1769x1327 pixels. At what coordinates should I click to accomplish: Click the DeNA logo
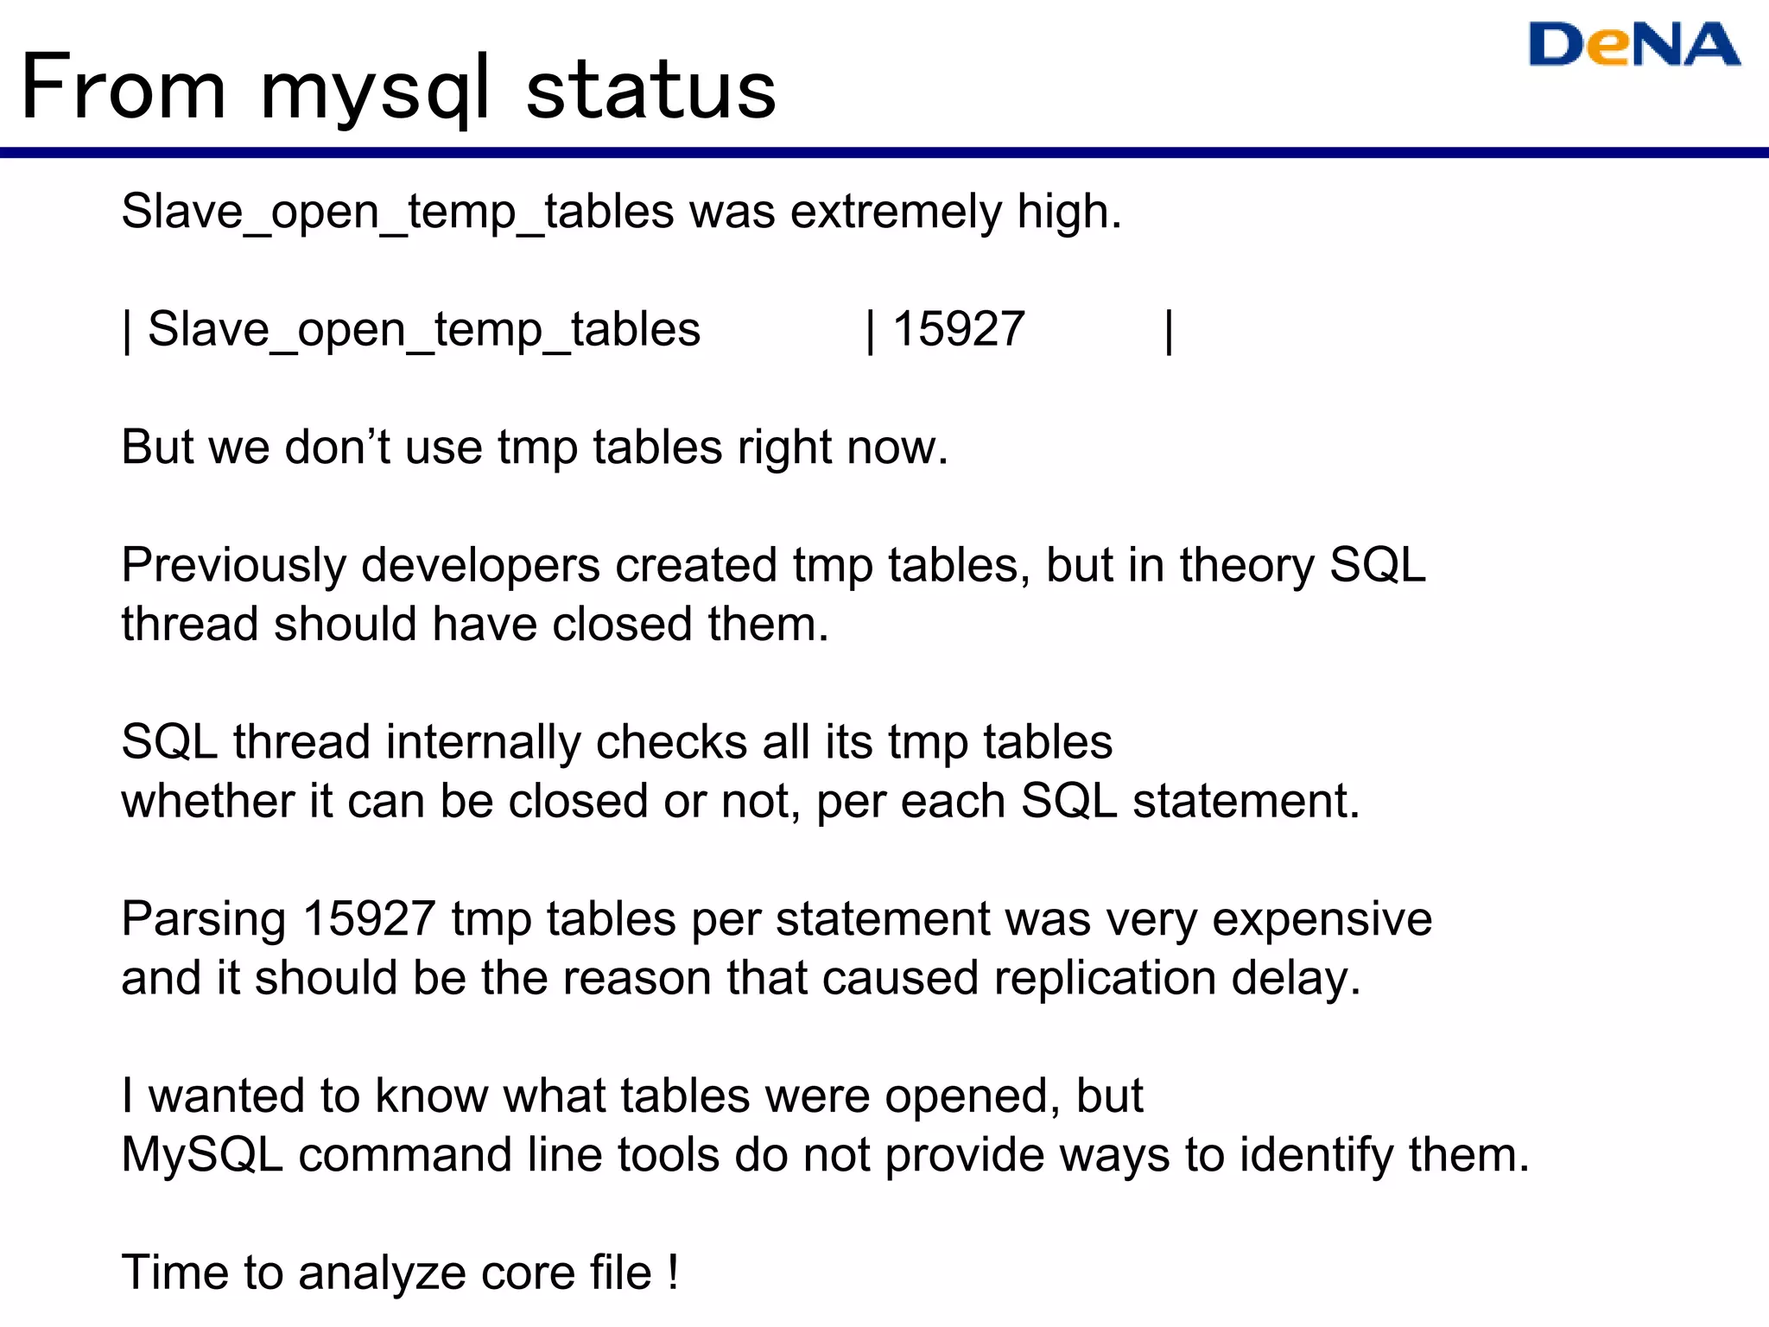pos(1633,45)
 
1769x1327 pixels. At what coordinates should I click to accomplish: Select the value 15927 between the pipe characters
pos(959,329)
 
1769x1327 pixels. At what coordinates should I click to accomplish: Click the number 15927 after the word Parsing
pos(369,918)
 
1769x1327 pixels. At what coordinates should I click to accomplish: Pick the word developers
pos(480,566)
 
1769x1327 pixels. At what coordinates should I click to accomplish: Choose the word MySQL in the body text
pos(202,1155)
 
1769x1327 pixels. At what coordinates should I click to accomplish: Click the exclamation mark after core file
pos(672,1272)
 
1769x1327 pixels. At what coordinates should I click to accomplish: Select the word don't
pos(338,448)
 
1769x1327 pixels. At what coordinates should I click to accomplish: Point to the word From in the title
pos(124,88)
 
